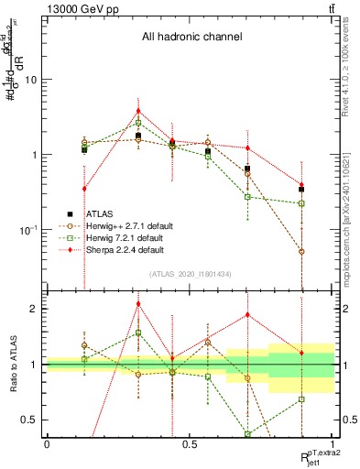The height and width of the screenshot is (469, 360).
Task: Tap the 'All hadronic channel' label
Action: click(x=191, y=38)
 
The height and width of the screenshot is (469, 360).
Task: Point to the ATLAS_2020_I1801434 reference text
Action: click(x=191, y=275)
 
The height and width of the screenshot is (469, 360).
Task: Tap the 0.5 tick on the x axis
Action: click(x=190, y=443)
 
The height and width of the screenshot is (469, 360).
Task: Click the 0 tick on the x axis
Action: click(x=47, y=443)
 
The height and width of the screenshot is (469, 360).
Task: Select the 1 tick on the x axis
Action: click(x=333, y=443)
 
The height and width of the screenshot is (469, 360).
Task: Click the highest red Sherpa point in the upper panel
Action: click(x=138, y=111)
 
